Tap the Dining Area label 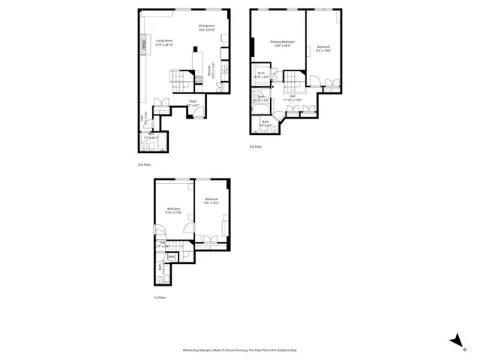coord(207,28)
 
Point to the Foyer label coord(193,102)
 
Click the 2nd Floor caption coord(144,164)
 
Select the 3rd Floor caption coord(256,147)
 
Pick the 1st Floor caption coord(159,298)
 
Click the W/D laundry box coord(172,256)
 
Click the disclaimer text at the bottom coord(239,349)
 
